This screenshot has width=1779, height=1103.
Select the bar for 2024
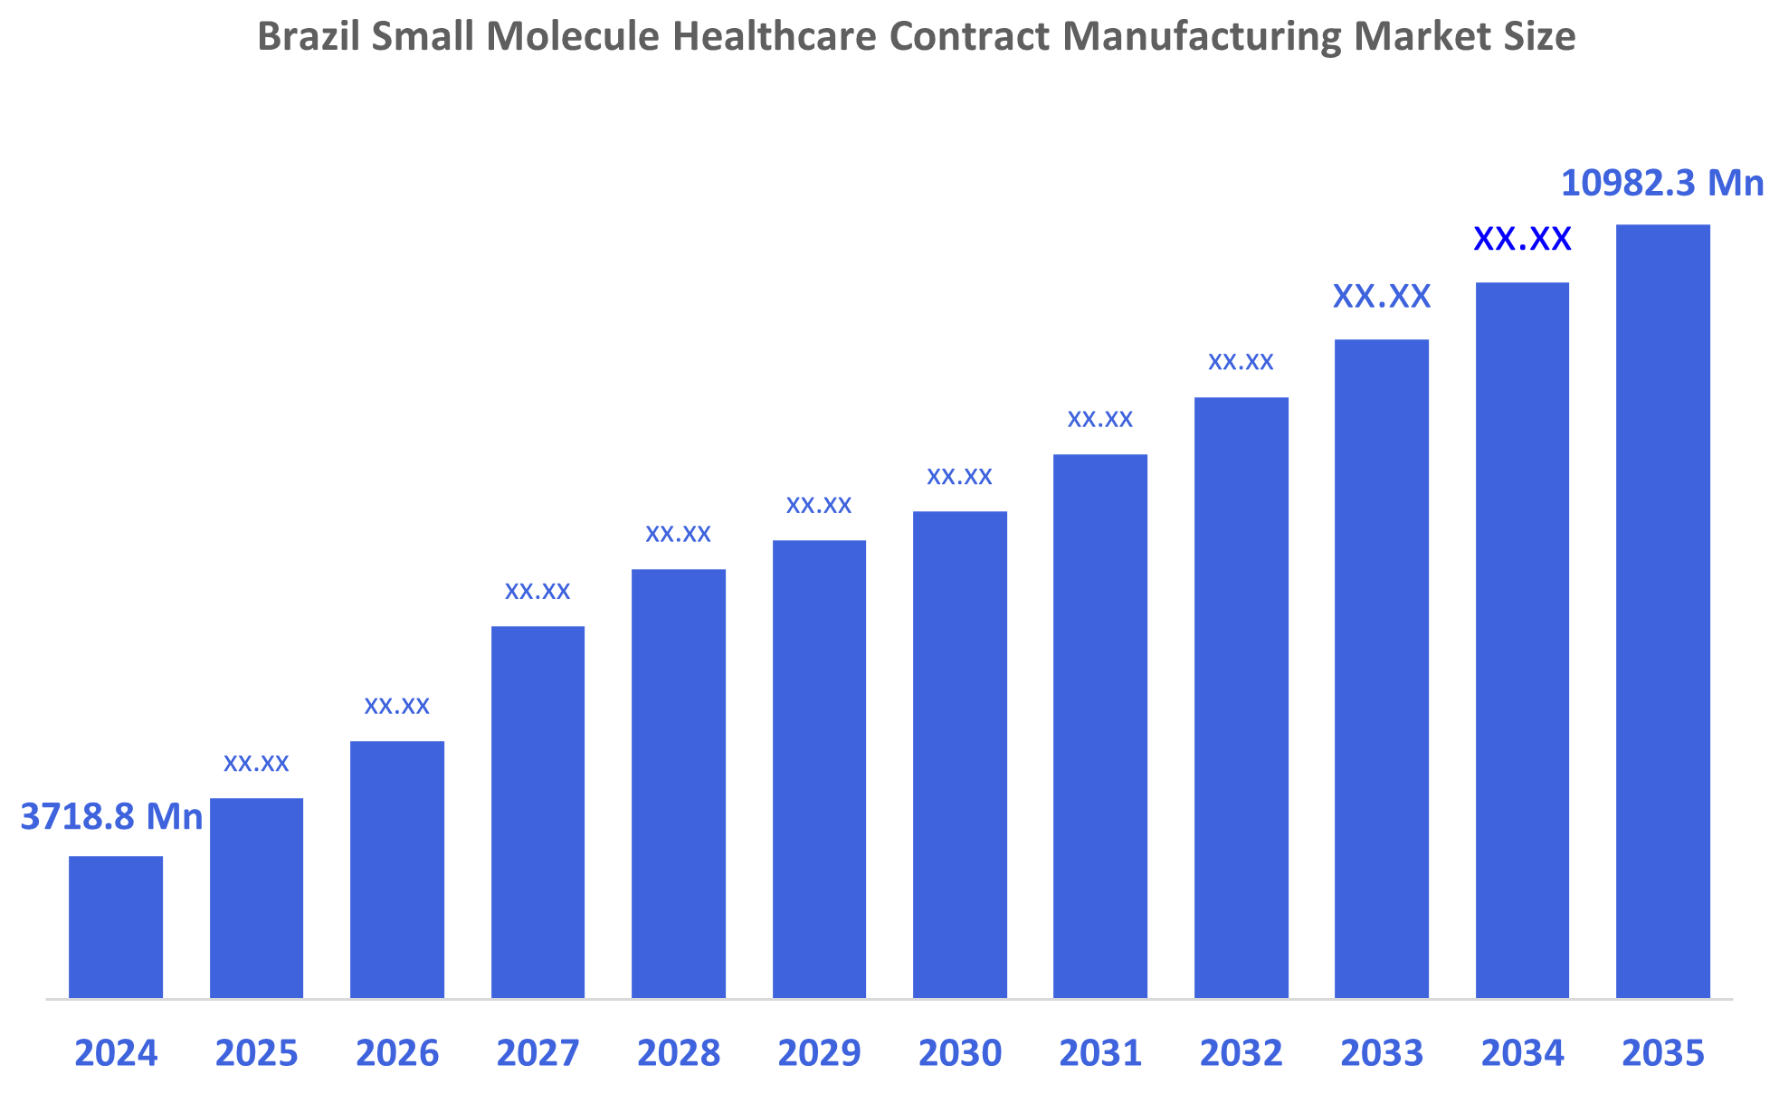click(116, 927)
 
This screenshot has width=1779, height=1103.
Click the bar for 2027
click(538, 812)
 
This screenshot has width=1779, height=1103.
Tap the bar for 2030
click(959, 755)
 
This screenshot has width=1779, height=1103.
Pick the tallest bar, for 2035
click(1662, 611)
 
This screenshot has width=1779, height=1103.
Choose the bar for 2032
click(1241, 698)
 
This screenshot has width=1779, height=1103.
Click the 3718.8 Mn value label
click(111, 817)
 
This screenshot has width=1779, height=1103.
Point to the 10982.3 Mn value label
click(1662, 184)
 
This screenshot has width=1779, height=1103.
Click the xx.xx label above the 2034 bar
click(1522, 239)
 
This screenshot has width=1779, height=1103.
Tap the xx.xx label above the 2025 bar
click(256, 764)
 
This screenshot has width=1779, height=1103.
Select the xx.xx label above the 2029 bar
click(819, 506)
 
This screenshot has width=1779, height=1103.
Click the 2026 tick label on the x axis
click(397, 1053)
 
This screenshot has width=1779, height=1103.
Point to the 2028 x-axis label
click(679, 1053)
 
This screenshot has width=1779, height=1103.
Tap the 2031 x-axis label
click(1100, 1053)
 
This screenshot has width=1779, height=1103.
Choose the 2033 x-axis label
click(1382, 1053)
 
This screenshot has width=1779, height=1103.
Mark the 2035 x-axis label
click(1662, 1053)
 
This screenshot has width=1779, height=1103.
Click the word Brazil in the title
click(308, 37)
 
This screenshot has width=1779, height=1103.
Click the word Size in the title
click(1545, 37)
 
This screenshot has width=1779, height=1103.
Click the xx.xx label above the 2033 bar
click(1382, 297)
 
